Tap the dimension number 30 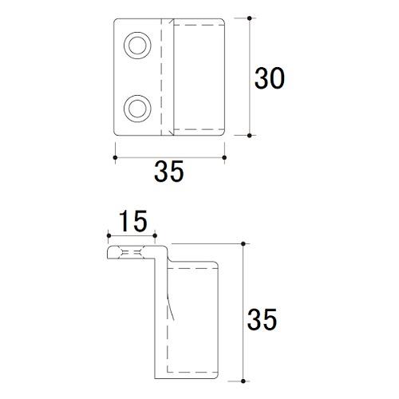(270, 78)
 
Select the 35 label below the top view (169, 171)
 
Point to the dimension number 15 (133, 221)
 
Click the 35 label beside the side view (262, 319)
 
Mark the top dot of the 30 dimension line (249, 18)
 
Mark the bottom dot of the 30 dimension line (249, 136)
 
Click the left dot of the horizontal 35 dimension (115, 157)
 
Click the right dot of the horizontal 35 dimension (224, 157)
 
